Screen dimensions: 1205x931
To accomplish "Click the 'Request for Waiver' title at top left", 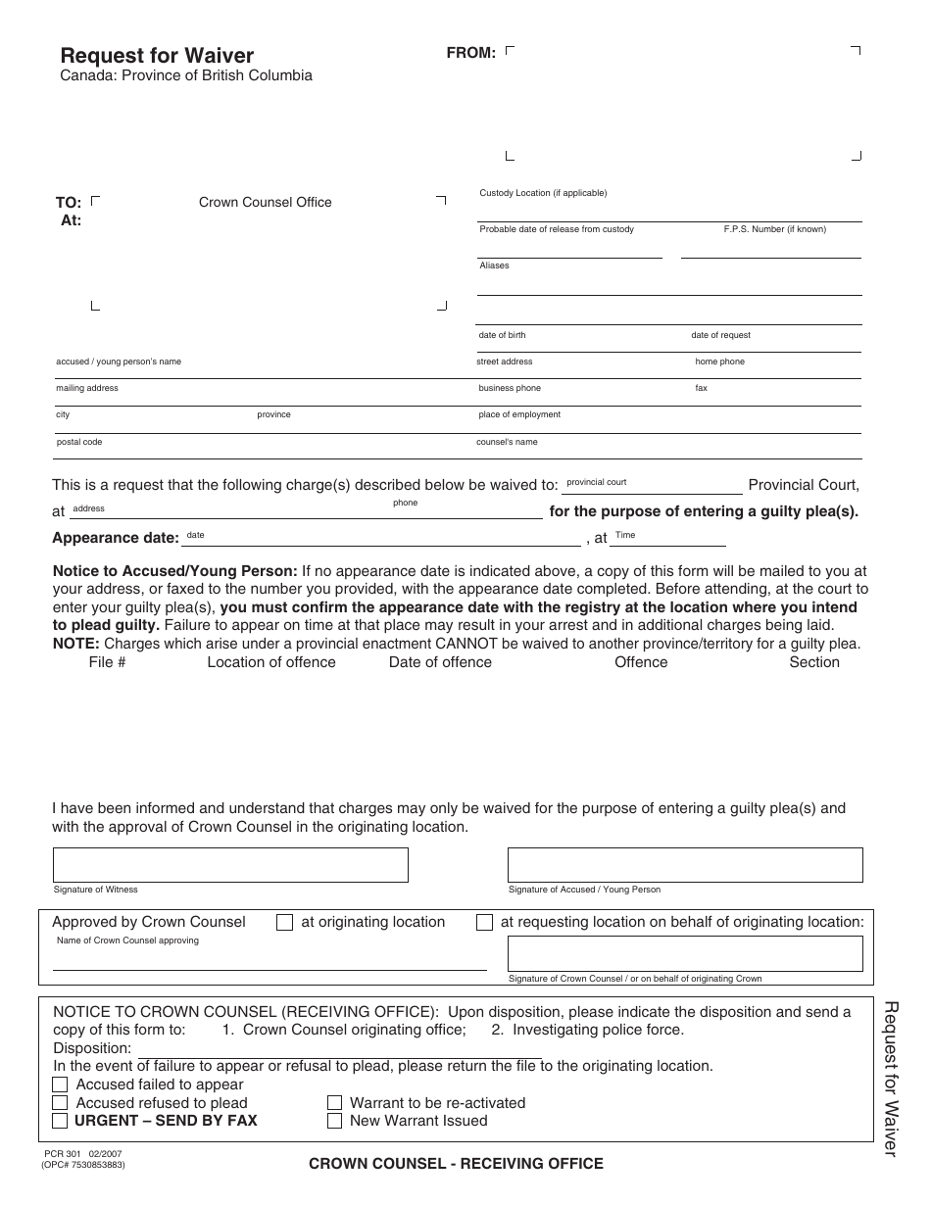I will [157, 56].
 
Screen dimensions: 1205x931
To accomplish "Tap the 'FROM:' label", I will [470, 53].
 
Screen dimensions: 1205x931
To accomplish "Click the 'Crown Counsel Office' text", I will [266, 203].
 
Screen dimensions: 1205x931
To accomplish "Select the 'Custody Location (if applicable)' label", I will [543, 193].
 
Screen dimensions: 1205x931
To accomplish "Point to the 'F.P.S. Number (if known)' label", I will [774, 229].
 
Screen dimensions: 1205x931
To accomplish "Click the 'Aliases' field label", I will [494, 265].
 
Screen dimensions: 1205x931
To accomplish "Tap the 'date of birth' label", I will [502, 335].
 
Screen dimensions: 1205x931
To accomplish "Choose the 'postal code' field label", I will [78, 442].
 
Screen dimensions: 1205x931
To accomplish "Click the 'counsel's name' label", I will [507, 442].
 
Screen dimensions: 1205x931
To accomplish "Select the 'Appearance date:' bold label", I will [115, 538].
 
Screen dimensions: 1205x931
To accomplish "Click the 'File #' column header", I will [107, 662].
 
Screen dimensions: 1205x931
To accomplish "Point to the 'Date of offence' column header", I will [440, 662].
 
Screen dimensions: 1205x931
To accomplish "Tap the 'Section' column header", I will [813, 662].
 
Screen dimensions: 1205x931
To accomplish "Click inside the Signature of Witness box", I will [230, 865].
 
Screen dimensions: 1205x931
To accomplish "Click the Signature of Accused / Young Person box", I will [685, 865].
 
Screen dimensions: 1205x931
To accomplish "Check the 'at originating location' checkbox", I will [285, 923].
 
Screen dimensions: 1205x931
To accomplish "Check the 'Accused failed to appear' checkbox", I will [60, 1084].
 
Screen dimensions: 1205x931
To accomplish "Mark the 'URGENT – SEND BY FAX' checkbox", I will [60, 1121].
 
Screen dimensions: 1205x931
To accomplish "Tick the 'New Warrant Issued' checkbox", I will [335, 1121].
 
